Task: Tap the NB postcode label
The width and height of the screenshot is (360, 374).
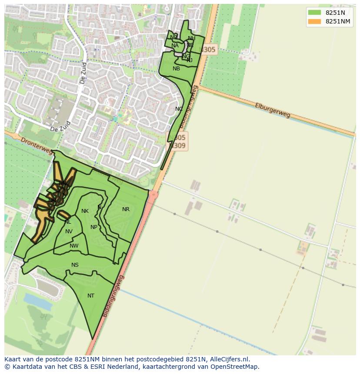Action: coord(176,69)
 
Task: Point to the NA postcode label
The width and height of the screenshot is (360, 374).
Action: coord(175,46)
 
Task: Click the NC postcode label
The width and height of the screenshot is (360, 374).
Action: coord(179,109)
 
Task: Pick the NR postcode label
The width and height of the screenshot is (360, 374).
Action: coord(126,209)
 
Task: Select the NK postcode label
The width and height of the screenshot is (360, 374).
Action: coord(85,212)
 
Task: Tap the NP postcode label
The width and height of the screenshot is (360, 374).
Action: coord(94,227)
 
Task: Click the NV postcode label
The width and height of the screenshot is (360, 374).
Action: coord(69,232)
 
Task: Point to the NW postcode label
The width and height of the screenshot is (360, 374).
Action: coord(74,246)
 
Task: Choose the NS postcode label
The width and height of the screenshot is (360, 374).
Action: coord(75,265)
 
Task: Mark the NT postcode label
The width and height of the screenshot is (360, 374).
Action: coord(90,296)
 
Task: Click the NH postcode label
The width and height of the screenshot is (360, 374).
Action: coord(191,38)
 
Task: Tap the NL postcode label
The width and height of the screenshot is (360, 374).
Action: coord(68,222)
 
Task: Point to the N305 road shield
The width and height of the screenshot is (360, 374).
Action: coord(208,50)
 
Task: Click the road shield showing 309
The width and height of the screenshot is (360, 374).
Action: coord(179,146)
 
